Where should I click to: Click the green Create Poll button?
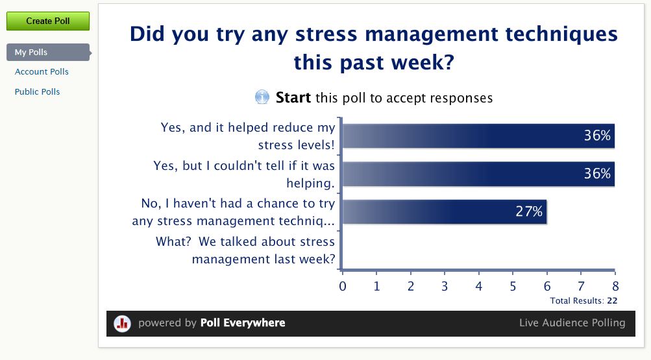[x=48, y=21]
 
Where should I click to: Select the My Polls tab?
[x=49, y=53]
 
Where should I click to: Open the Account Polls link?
[x=42, y=72]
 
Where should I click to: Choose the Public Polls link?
[x=38, y=91]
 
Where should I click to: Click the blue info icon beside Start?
[x=262, y=97]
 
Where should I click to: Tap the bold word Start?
[x=293, y=97]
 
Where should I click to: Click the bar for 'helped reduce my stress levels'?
[x=478, y=136]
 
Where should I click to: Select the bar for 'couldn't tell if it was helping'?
[x=478, y=174]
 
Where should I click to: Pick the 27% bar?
[x=444, y=211]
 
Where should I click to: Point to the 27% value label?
[x=529, y=211]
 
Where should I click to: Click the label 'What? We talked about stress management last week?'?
[x=245, y=250]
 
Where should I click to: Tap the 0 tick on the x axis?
[x=343, y=286]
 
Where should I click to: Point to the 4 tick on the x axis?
[x=479, y=286]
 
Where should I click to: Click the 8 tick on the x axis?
[x=615, y=286]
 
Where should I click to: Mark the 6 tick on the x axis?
[x=547, y=286]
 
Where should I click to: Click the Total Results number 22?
[x=612, y=301]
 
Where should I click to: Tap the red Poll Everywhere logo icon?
[x=123, y=323]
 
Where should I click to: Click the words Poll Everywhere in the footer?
[x=243, y=322]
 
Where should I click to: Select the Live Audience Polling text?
[x=572, y=322]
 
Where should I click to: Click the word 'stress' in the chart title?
[x=326, y=34]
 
